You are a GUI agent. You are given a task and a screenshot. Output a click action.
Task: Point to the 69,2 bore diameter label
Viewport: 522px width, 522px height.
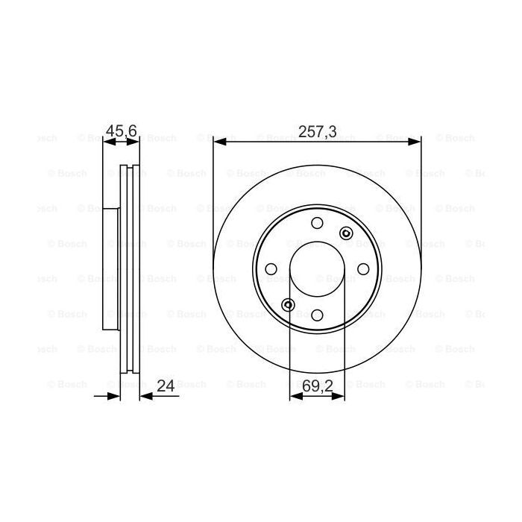[318, 386]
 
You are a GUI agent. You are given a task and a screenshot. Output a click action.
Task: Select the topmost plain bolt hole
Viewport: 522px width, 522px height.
[318, 223]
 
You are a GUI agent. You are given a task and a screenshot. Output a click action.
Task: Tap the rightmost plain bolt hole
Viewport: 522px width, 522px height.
[363, 268]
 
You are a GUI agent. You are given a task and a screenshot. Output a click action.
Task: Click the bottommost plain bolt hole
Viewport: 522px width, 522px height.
[318, 315]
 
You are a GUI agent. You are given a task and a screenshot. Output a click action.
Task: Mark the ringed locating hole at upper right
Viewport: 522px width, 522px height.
[345, 233]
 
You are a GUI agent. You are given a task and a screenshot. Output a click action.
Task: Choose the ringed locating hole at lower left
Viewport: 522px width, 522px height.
[289, 304]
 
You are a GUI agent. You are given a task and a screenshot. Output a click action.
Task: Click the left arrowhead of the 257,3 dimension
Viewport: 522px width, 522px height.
[218, 139]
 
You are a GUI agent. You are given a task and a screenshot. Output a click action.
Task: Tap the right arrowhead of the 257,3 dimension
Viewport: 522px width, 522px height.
[416, 139]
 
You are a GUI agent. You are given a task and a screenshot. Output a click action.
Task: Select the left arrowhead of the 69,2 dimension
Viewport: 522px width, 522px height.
[295, 396]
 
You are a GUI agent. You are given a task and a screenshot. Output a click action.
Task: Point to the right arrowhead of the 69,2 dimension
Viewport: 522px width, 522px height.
[341, 396]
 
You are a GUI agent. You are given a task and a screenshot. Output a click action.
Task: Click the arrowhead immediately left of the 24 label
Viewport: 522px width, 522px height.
[145, 396]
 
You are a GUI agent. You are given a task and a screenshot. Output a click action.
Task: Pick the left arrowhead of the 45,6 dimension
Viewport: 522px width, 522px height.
[106, 139]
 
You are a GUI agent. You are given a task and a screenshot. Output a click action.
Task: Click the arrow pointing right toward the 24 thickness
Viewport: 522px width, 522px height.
[115, 396]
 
